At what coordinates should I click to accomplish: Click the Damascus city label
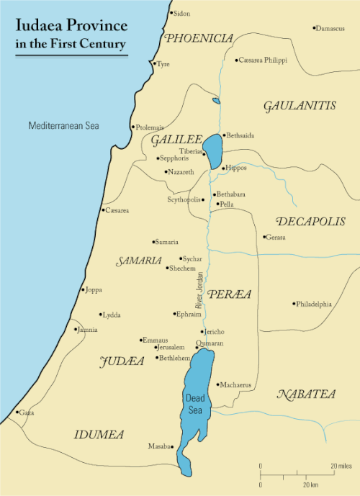(x=330, y=28)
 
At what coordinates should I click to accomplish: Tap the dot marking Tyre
(x=154, y=63)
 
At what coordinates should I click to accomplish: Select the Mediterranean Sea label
(x=63, y=126)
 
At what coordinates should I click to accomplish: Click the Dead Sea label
(x=194, y=404)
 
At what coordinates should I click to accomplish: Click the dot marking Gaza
(x=17, y=412)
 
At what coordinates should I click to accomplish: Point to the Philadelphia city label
(x=315, y=304)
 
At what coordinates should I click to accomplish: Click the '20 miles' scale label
(x=342, y=466)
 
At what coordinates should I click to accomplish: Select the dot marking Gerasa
(x=264, y=237)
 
